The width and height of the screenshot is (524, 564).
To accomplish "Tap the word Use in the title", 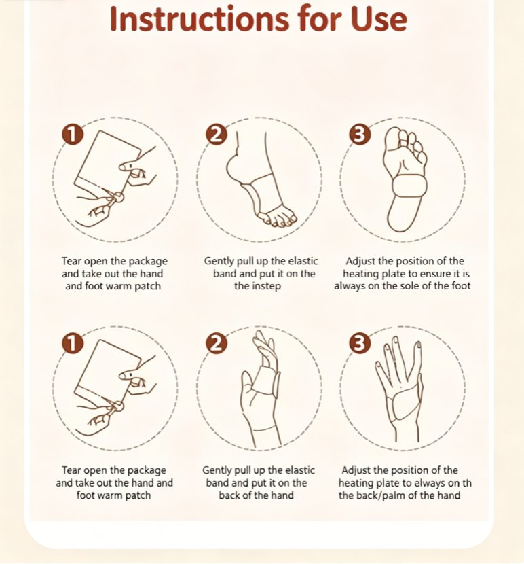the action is tap(379, 19).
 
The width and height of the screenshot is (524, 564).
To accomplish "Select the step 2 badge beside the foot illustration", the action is tap(217, 135).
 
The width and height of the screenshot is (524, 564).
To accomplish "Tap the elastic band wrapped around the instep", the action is tap(264, 194).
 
